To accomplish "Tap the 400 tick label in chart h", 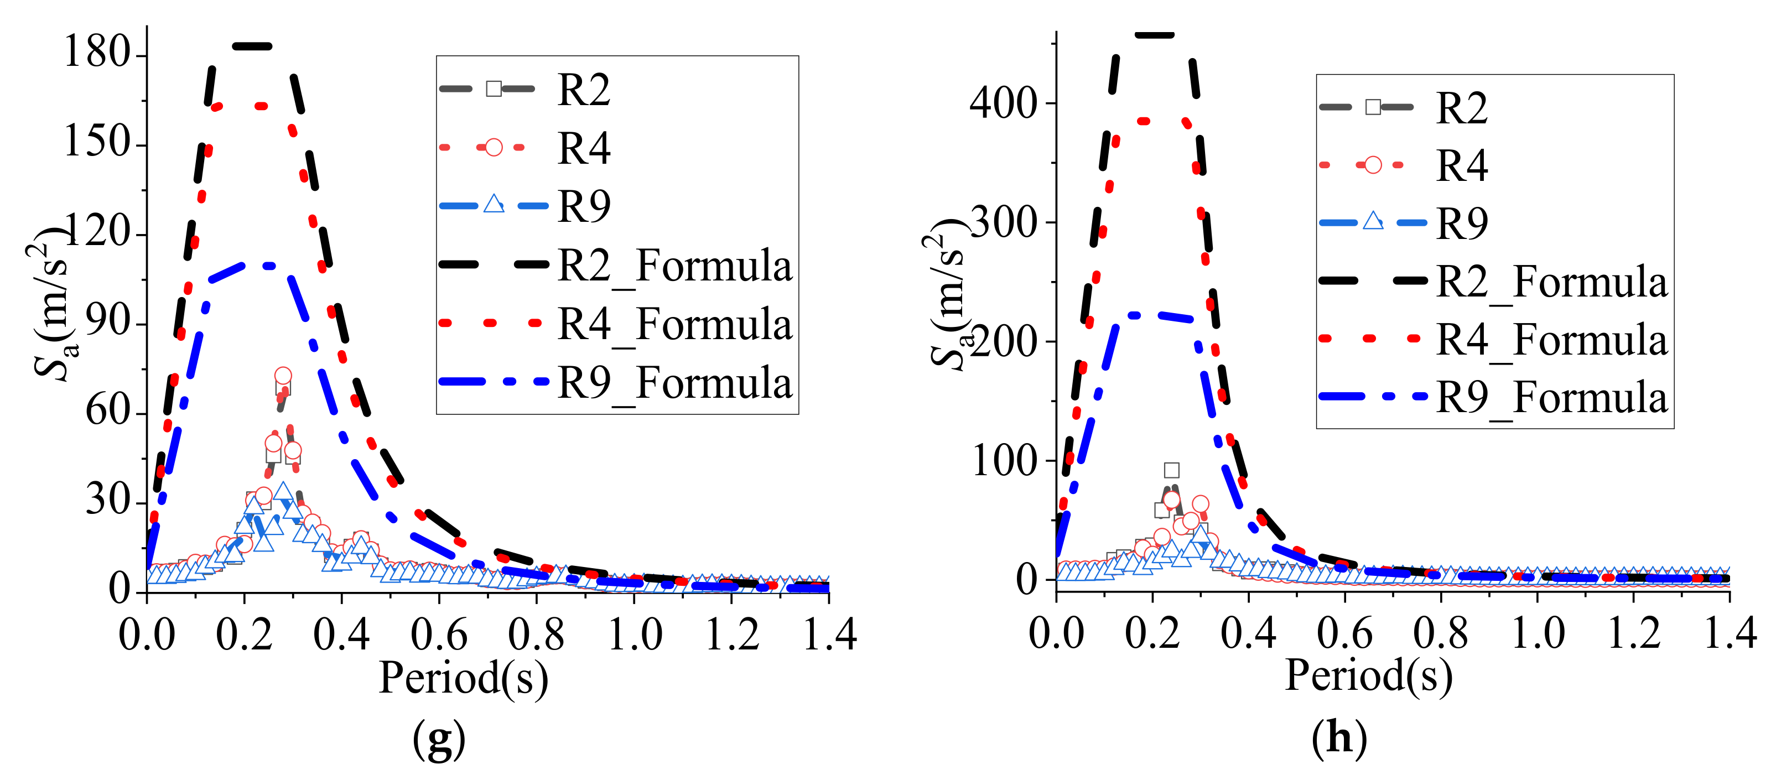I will [1003, 103].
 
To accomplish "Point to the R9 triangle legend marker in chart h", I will [1373, 221].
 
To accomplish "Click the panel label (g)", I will [439, 738].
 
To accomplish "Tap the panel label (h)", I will [1339, 738].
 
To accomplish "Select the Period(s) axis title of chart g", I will [463, 678].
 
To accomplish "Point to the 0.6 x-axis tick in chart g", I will [439, 634].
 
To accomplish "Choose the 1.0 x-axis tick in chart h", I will [1538, 632].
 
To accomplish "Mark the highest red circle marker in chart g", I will [283, 376].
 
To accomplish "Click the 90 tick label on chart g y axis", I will [107, 322].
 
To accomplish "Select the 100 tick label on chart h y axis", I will [1003, 460].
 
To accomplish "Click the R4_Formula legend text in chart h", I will [1551, 340].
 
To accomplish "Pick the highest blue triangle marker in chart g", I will [283, 492].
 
